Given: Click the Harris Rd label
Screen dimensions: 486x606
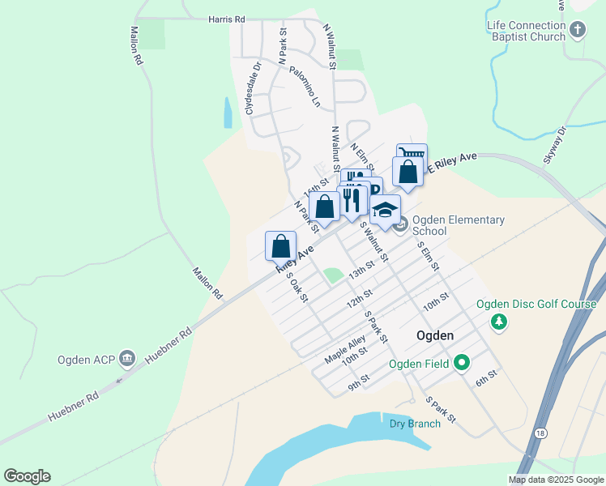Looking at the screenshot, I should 226,18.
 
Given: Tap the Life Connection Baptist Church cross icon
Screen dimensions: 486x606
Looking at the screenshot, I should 577,31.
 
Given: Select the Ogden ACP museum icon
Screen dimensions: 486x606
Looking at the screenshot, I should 126,358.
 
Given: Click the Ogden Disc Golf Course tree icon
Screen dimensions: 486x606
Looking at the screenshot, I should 500,322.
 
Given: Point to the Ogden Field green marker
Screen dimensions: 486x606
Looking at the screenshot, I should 462,363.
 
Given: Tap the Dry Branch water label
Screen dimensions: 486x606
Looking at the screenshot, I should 415,424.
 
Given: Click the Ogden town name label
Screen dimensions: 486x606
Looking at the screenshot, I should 434,335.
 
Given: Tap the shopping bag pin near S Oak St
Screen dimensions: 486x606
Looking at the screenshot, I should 280,245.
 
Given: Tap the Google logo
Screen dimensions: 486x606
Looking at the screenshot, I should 27,476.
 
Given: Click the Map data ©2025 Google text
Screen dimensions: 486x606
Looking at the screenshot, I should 556,480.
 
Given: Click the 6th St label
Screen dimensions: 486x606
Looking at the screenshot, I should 485,378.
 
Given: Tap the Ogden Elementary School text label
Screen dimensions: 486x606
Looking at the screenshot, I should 458,225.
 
